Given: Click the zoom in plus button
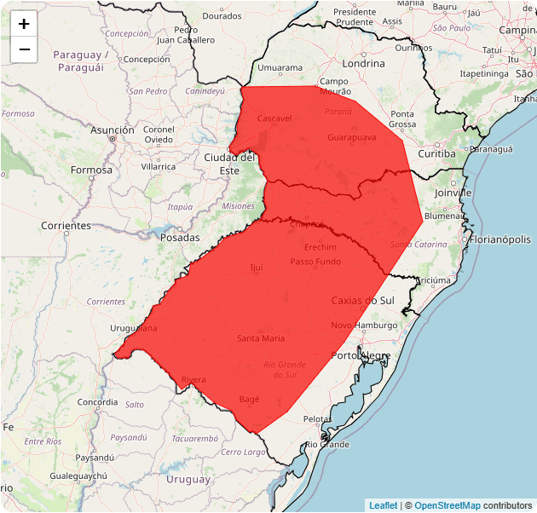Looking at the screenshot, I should tap(24, 24).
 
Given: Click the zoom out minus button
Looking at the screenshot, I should tap(24, 49).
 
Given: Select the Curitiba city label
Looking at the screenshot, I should tap(436, 153).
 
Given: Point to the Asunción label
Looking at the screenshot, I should tap(113, 130).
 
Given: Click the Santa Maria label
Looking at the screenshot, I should tap(261, 338).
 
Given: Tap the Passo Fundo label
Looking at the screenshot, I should tap(315, 262).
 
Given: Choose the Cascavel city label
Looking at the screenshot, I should tap(274, 118).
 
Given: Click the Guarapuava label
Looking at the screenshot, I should tap(351, 137).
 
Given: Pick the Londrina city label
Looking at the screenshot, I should tap(363, 63).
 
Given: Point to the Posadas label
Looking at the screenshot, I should tap(180, 238).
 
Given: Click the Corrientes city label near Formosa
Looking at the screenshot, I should tap(66, 226).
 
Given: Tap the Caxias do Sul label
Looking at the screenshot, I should tap(362, 300).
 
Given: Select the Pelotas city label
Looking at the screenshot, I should tap(317, 419).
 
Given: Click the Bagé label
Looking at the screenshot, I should tap(250, 399).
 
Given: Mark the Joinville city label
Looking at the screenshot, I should tap(452, 193).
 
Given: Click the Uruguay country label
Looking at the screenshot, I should tap(188, 480).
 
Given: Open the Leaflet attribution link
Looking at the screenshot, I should tap(383, 505).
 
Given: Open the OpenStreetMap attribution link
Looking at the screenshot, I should tap(447, 505).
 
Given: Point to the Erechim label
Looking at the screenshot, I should tap(320, 247).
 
